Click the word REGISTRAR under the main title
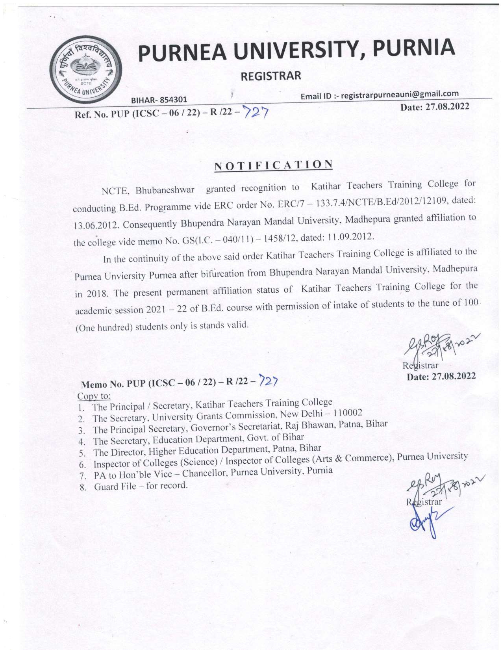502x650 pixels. (x=271, y=75)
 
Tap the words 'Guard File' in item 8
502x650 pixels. (x=111, y=486)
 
